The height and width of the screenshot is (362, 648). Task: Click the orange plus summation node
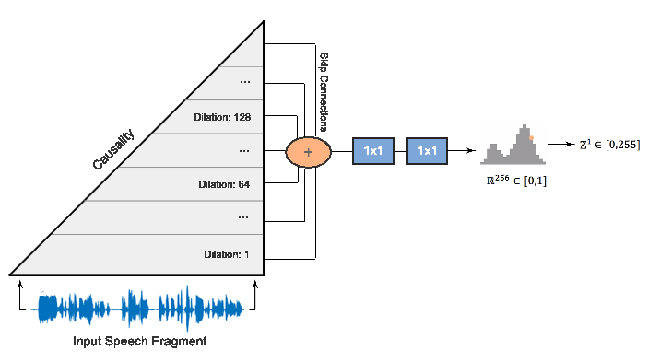pyautogui.click(x=309, y=150)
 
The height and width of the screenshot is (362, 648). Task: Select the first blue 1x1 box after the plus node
pyautogui.click(x=374, y=149)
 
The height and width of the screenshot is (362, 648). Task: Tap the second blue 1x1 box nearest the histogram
pyautogui.click(x=428, y=149)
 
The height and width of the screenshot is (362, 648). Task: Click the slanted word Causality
pyautogui.click(x=113, y=150)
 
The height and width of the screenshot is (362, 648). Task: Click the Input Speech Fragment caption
pyautogui.click(x=138, y=342)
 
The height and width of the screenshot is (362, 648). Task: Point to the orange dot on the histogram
pyautogui.click(x=531, y=138)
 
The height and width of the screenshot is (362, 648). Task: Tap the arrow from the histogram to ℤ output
pyautogui.click(x=559, y=145)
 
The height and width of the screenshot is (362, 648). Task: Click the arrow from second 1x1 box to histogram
pyautogui.click(x=465, y=150)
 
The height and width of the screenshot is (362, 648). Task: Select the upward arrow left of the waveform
pyautogui.click(x=19, y=296)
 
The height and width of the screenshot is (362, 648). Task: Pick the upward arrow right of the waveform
pyautogui.click(x=255, y=296)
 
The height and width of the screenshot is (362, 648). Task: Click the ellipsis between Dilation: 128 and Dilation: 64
pyautogui.click(x=244, y=149)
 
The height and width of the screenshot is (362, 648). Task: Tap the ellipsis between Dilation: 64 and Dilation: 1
pyautogui.click(x=244, y=218)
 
